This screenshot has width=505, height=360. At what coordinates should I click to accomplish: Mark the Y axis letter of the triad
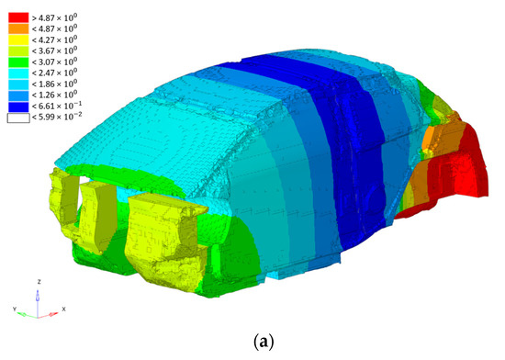[x=14, y=309]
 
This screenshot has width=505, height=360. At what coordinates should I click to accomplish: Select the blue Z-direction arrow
[x=37, y=298]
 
